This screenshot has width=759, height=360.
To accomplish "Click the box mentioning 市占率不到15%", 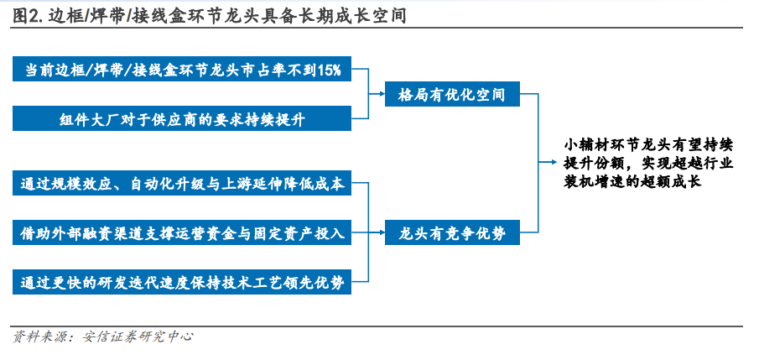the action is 182,69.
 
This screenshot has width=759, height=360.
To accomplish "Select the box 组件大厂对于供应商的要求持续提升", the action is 182,118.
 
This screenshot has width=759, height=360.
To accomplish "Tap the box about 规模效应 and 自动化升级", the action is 182,183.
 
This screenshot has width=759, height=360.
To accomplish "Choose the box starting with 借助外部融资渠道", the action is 182,232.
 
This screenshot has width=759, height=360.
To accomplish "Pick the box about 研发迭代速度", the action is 182,281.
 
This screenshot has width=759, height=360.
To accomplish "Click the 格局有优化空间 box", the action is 452,93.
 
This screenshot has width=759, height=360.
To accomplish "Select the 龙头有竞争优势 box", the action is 452,232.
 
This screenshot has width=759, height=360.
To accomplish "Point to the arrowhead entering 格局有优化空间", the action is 382,93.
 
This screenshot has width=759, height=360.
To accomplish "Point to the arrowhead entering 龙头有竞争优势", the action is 382,232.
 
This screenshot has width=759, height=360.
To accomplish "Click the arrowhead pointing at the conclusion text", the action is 554,162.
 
